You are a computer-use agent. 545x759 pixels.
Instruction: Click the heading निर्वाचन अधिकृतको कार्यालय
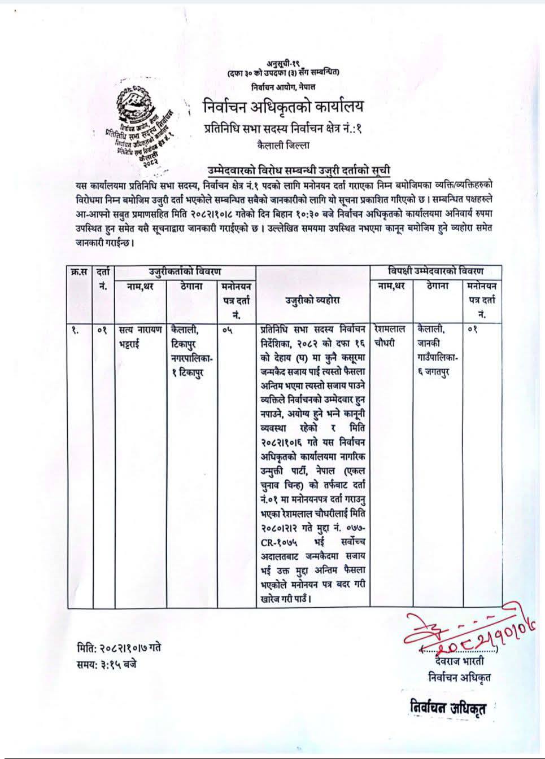coord(284,106)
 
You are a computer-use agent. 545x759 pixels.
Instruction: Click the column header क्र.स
coord(79,272)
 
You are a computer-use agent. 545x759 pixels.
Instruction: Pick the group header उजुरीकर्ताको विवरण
coord(185,271)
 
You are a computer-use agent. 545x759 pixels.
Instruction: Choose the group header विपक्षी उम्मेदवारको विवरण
coord(435,271)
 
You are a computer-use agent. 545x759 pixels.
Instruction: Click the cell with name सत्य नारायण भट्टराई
coord(140,335)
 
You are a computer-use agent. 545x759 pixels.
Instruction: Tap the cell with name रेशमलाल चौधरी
coord(393,335)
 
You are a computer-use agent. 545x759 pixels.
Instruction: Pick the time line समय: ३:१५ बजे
coord(107,664)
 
